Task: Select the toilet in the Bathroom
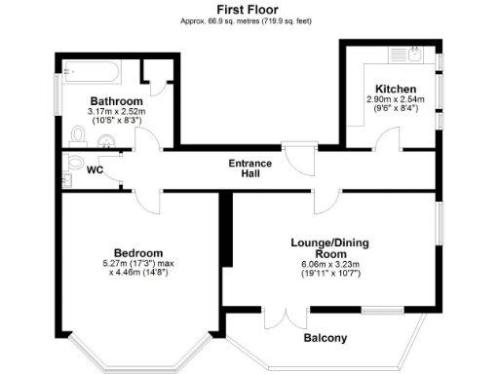77,135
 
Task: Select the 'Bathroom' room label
117,101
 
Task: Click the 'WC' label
96,169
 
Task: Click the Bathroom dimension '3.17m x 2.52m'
116,112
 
